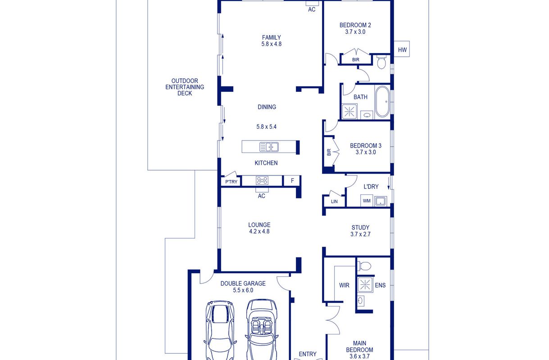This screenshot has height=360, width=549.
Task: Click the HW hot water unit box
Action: [402, 49]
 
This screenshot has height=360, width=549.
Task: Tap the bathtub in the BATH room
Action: [382, 101]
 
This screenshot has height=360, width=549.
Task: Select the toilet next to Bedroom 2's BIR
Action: [381, 62]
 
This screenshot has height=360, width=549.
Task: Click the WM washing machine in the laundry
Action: [367, 201]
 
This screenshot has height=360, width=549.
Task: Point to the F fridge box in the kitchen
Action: [292, 181]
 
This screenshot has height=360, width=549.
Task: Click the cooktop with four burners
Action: [262, 181]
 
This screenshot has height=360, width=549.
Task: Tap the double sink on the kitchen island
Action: [269, 147]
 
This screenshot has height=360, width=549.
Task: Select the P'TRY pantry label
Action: [231, 182]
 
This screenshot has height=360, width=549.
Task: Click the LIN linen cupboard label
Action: [334, 202]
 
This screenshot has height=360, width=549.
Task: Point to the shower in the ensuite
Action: [365, 284]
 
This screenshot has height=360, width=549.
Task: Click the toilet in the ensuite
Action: [364, 266]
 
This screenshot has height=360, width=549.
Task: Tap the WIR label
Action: [344, 285]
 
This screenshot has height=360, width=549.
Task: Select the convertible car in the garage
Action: [262, 329]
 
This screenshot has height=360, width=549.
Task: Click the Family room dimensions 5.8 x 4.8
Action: [271, 44]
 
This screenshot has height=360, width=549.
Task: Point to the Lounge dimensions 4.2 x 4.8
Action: [259, 231]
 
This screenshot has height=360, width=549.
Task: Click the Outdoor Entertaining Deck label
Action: [185, 87]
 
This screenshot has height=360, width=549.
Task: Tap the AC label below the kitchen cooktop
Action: [262, 196]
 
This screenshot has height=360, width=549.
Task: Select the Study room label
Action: [360, 228]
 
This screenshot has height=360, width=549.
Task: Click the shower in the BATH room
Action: [349, 112]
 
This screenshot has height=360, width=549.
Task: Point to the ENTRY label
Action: [308, 354]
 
